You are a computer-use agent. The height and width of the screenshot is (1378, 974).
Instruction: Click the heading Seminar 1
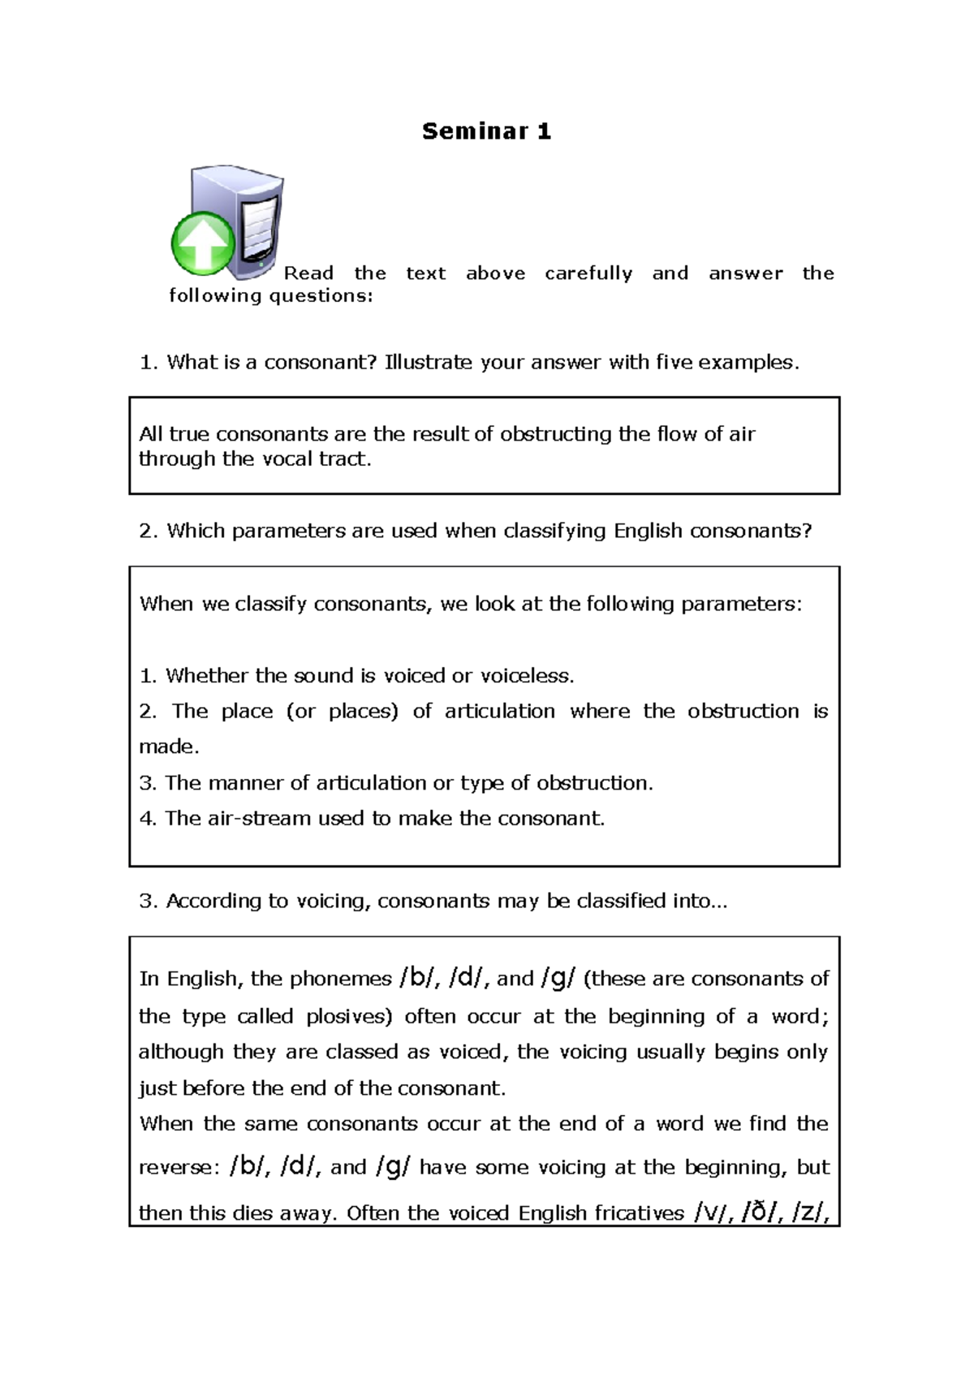coord(486,131)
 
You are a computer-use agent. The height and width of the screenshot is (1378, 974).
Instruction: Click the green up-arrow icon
coord(202,243)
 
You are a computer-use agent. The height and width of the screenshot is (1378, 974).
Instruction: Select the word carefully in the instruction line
coord(588,273)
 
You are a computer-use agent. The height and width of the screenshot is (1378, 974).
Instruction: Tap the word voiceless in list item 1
coord(527,676)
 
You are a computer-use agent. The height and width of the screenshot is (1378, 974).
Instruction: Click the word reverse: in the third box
coord(179,1168)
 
